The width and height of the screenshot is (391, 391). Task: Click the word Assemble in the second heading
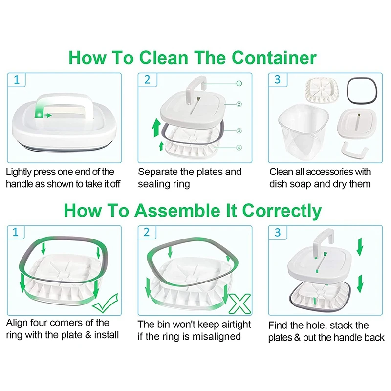coord(177,211)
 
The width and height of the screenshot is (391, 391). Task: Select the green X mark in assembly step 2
coord(240,304)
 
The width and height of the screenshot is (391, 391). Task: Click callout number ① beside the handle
coord(239,83)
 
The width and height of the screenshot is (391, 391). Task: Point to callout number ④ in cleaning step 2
coord(239,148)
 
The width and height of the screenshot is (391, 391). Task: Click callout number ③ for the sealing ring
coord(239,130)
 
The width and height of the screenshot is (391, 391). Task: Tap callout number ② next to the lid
coord(239,104)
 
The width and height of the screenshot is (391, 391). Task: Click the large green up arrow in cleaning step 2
coord(156,128)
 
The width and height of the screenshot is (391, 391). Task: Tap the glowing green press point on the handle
coord(39,115)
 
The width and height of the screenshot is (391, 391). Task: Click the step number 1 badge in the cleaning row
coord(17,80)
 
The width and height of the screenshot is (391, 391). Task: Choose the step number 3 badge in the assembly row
coord(278,233)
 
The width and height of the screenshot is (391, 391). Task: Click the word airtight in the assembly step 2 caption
coord(236,325)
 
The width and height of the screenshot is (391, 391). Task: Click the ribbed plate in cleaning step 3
coord(322,90)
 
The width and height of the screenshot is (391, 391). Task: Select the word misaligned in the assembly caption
coord(217,337)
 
